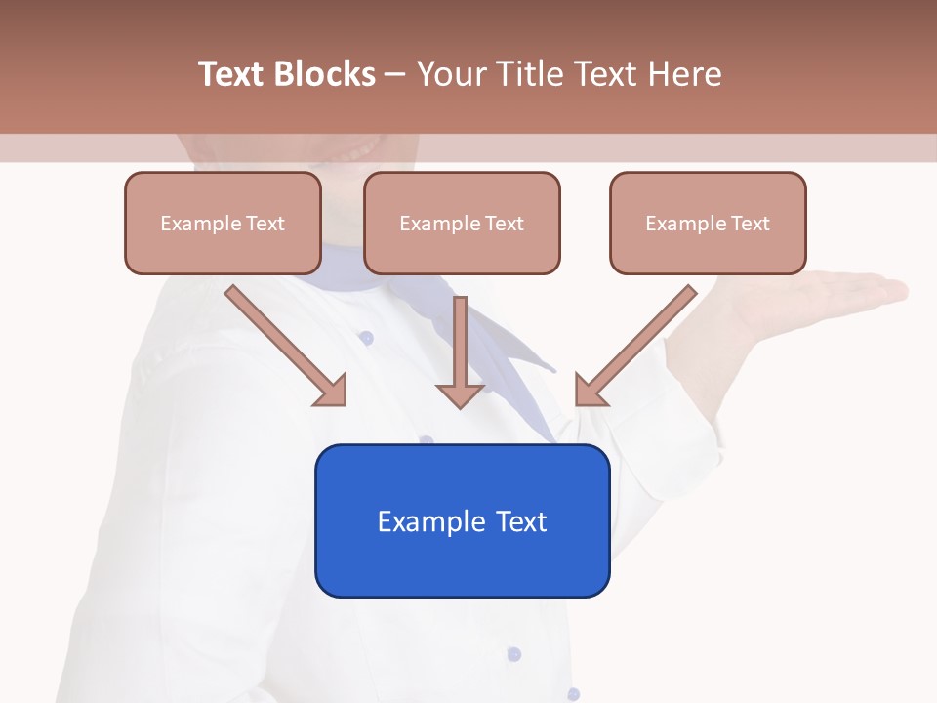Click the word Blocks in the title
coord(326,74)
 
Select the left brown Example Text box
coord(223,223)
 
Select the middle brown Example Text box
coord(462,223)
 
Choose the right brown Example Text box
coord(708,223)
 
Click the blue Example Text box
coord(462,520)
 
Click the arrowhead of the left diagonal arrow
coord(332,391)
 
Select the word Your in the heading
coord(450,74)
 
